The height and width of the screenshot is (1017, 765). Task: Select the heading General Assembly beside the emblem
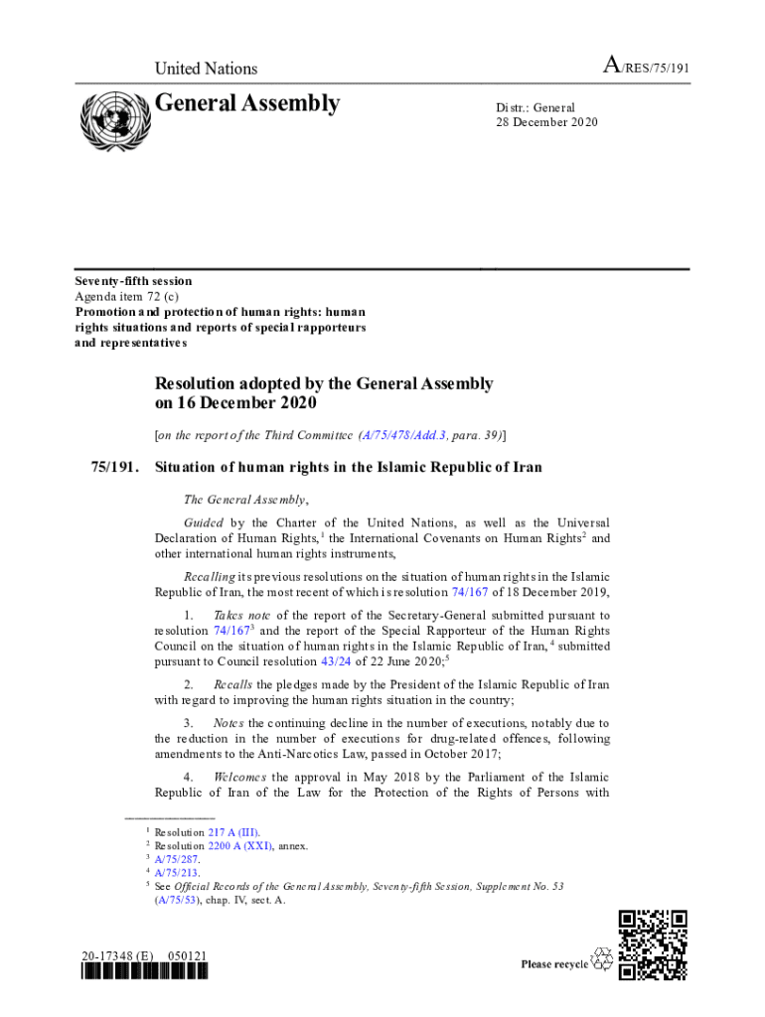pyautogui.click(x=246, y=103)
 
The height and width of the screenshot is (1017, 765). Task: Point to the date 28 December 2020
pyautogui.click(x=547, y=122)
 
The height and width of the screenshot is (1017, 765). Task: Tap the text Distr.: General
pyautogui.click(x=535, y=107)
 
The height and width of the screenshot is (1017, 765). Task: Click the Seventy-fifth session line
pyautogui.click(x=133, y=281)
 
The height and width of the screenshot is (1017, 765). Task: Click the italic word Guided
pyautogui.click(x=203, y=522)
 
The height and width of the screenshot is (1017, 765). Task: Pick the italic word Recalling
pyautogui.click(x=209, y=576)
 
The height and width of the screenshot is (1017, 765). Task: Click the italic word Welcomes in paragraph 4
pyautogui.click(x=239, y=777)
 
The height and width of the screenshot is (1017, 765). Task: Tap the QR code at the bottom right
pyautogui.click(x=653, y=944)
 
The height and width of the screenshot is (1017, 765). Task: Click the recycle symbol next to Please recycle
pyautogui.click(x=602, y=959)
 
